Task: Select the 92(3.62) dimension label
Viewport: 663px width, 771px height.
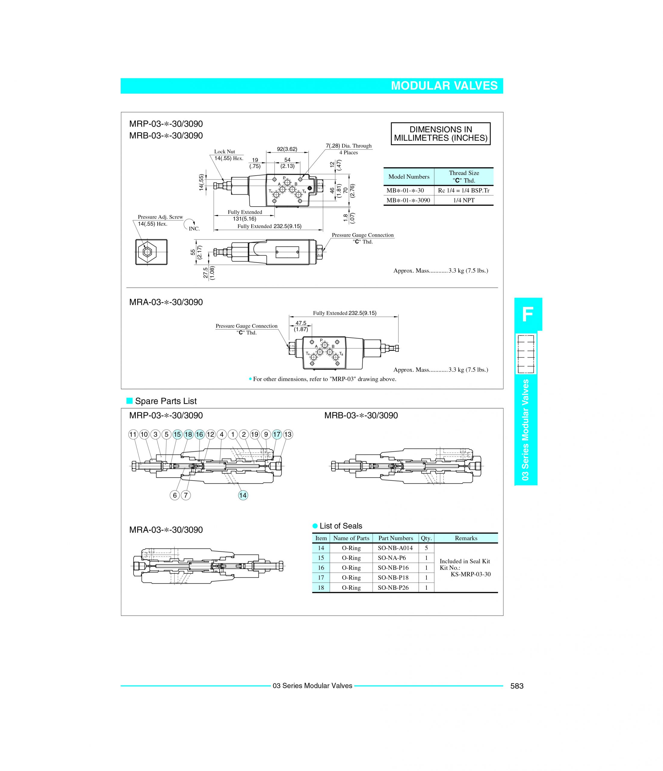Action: click(x=287, y=149)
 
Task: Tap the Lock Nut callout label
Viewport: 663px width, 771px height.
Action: click(x=224, y=151)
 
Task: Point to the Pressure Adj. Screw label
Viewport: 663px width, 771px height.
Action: click(x=160, y=217)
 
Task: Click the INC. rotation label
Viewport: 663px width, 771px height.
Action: click(x=194, y=229)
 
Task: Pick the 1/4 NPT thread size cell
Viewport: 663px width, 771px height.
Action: click(x=464, y=200)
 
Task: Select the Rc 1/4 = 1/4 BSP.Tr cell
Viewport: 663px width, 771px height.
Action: click(x=464, y=191)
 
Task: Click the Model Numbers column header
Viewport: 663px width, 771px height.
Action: click(x=409, y=177)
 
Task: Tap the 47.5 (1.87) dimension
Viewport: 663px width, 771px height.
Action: click(x=301, y=326)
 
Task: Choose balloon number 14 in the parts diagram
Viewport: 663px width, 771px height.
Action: click(x=243, y=495)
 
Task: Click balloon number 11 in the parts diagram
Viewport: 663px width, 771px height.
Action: click(x=133, y=434)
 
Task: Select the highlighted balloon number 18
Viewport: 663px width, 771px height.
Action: click(x=188, y=434)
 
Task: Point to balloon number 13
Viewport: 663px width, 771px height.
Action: click(x=288, y=434)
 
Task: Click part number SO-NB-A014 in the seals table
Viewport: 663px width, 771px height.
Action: click(x=395, y=548)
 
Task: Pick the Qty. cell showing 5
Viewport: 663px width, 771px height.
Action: click(x=426, y=548)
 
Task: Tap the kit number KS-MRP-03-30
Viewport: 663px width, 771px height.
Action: click(x=470, y=574)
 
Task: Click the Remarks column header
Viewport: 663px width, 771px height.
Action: click(x=466, y=538)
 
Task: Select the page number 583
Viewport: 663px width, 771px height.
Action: click(x=516, y=686)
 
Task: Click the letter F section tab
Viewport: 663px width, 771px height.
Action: click(x=528, y=314)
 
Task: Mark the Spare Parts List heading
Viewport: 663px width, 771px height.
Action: click(x=166, y=401)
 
